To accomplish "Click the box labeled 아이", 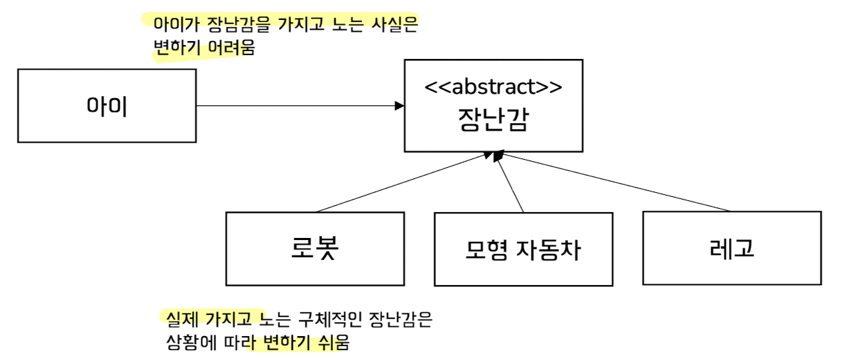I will (x=107, y=105).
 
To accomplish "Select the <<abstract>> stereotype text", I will (x=493, y=86).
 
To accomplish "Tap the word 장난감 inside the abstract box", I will (x=493, y=120).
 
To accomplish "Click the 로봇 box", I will (x=315, y=248).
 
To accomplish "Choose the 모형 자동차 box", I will (x=523, y=249).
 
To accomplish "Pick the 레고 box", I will (x=731, y=248).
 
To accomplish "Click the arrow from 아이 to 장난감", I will (x=298, y=105).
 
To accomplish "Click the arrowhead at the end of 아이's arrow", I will (x=400, y=105).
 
